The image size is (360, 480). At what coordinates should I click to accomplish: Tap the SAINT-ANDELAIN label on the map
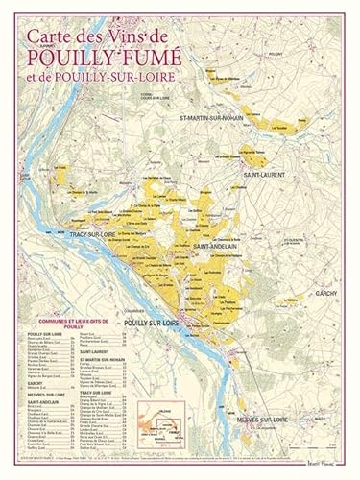click(x=215, y=247)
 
